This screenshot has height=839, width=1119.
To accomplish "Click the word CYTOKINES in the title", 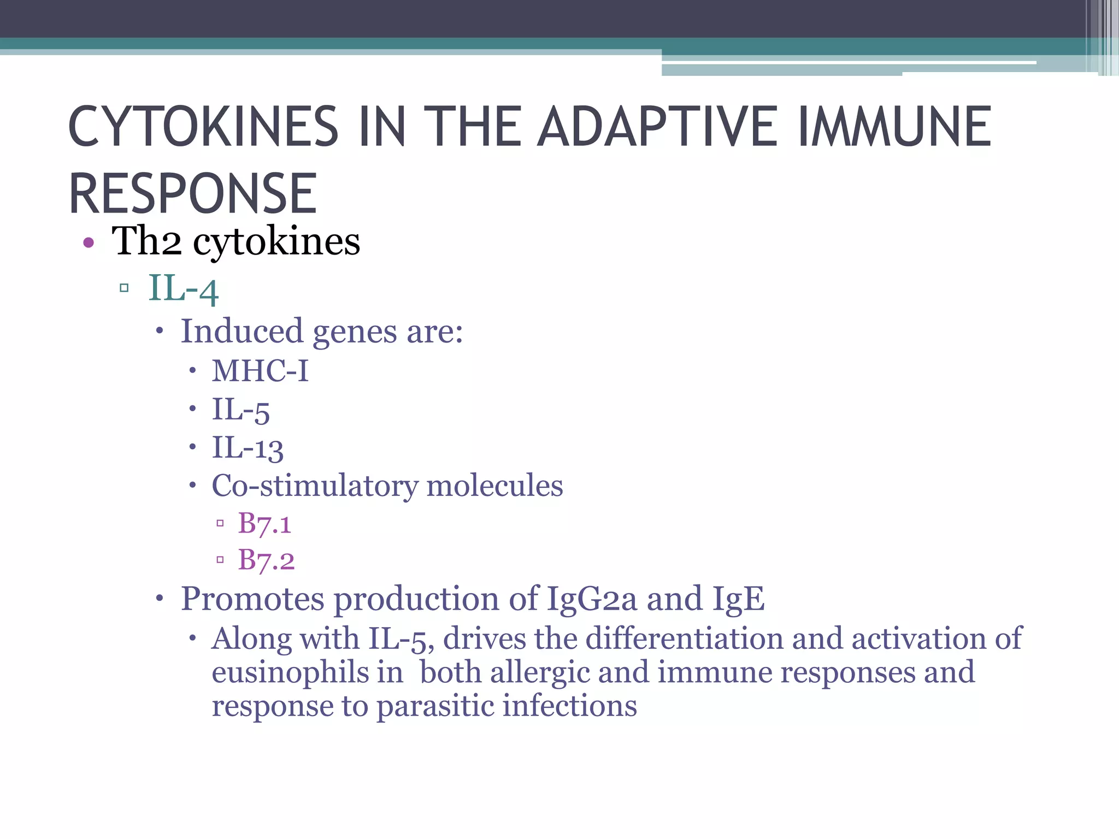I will tap(203, 127).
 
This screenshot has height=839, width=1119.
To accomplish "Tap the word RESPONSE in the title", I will tap(192, 193).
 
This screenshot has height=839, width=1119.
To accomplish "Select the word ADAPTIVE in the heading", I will tap(658, 127).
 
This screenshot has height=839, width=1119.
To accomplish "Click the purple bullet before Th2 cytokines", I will tap(89, 243).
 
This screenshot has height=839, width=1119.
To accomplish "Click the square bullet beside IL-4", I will tap(124, 288).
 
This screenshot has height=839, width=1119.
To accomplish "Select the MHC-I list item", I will tap(260, 371).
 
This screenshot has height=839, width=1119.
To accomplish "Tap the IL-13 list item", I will tap(248, 448).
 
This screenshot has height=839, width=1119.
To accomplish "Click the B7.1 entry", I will tap(264, 523).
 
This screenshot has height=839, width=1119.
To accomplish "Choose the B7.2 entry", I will tap(266, 560).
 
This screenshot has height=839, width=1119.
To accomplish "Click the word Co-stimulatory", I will tap(314, 486).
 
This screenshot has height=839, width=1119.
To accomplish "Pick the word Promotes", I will tap(252, 599).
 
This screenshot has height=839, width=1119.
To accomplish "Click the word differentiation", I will tap(684, 638).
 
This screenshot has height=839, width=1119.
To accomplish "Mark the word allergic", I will tap(540, 672).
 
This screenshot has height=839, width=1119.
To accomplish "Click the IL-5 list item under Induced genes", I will tap(240, 410).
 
